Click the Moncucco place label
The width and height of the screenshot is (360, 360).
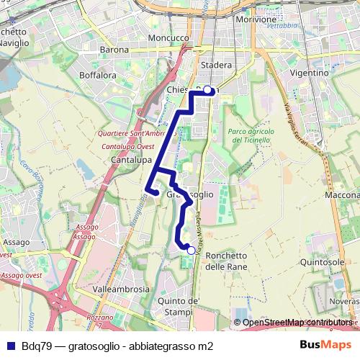167,37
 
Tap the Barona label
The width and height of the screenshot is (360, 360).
115,50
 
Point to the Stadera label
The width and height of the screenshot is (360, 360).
217,66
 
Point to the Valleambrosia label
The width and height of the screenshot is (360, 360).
122,289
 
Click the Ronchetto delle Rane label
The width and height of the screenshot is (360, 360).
226,261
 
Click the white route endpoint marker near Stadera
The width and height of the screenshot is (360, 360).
208,90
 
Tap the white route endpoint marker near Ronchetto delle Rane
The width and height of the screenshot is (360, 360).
190,252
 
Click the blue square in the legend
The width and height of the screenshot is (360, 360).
10,346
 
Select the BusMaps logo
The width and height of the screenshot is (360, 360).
320,345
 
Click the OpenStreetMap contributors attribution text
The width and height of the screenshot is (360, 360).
297,323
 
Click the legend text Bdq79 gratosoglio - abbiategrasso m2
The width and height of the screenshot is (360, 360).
118,346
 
